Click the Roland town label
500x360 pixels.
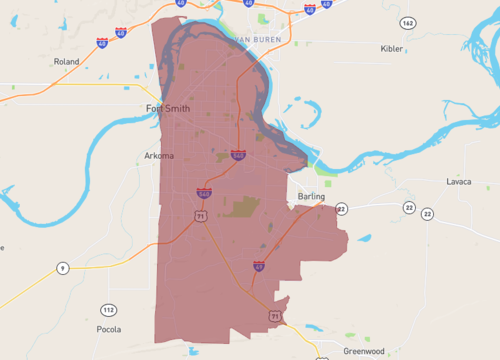(x=66, y=62)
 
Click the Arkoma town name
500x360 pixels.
(x=158, y=156)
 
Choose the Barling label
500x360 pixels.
(x=311, y=197)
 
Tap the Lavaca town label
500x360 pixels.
(x=459, y=182)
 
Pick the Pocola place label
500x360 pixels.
(x=107, y=329)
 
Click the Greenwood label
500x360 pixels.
(x=364, y=351)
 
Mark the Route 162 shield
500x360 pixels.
(x=407, y=22)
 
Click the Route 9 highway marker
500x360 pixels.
(x=62, y=268)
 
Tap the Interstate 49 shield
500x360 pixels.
(x=258, y=267)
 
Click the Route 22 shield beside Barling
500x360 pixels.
(x=343, y=209)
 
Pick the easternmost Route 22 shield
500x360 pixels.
(x=427, y=214)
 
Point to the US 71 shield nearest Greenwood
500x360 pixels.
(x=274, y=316)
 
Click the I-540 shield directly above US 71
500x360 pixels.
(x=203, y=193)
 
